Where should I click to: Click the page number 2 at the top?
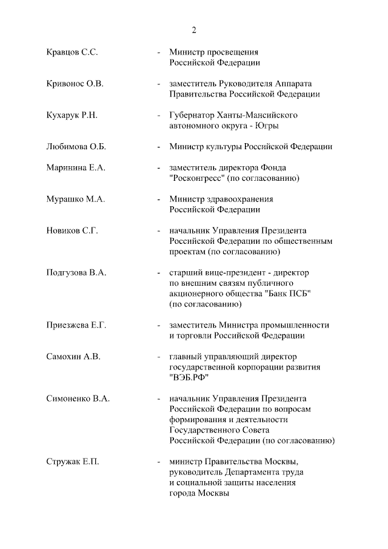coord(195,30)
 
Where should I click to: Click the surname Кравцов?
coord(63,52)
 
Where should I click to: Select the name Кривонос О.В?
coord(75,84)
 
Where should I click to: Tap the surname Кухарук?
coord(63,115)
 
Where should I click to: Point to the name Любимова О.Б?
coord(76,147)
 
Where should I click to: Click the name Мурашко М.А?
coord(75,200)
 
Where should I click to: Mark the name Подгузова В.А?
coord(76,273)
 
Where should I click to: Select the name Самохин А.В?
coord(73,357)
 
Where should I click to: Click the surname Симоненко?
coord(69,399)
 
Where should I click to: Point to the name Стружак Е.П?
coord(72,462)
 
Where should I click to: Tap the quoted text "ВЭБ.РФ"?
coord(190,377)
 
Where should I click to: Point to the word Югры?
coord(267,126)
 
